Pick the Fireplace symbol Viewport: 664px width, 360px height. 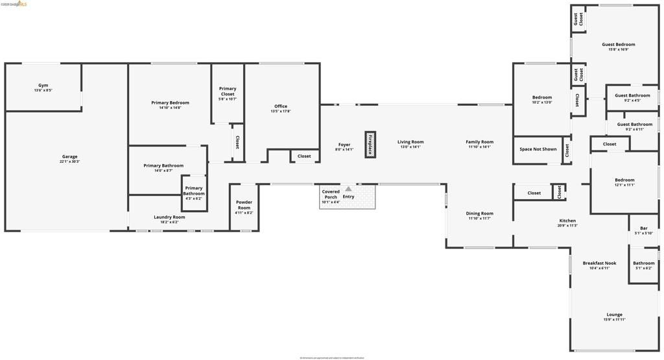pos(370,145)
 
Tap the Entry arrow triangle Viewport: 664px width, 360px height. pos(348,189)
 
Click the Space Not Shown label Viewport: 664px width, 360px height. pos(538,149)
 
